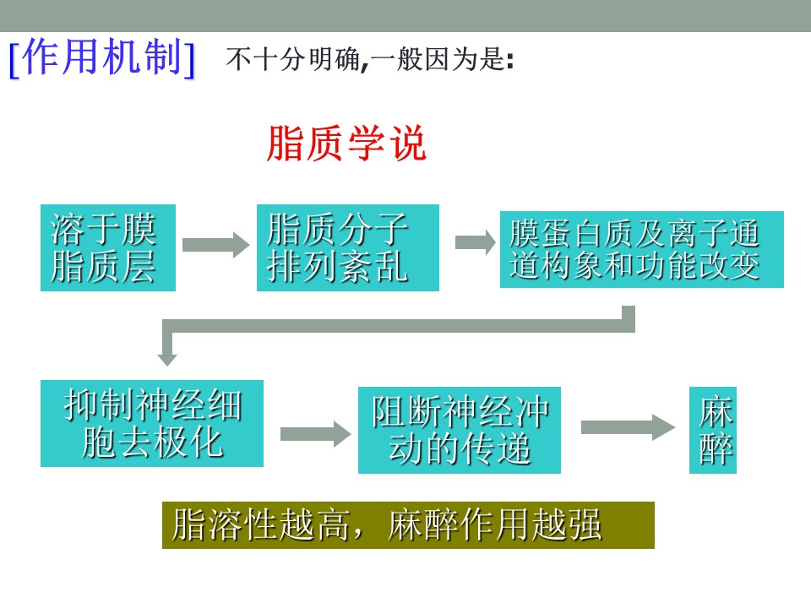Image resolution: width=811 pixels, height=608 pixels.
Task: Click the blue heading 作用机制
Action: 102,57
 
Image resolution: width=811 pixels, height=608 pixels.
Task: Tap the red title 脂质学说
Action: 346,144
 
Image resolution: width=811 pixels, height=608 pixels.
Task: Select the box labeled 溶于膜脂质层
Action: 108,247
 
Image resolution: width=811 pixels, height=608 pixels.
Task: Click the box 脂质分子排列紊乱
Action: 347,247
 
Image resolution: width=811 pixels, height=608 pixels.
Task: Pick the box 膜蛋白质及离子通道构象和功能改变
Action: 642,249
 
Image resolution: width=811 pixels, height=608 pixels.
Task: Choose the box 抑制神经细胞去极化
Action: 151,423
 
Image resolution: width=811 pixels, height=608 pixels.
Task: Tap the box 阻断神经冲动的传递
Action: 460,430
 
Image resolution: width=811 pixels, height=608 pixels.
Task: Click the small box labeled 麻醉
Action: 713,430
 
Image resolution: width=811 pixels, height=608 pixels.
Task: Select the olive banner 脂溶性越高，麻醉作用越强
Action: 408,524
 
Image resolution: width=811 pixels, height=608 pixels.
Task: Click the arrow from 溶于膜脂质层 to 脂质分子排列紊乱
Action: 216,245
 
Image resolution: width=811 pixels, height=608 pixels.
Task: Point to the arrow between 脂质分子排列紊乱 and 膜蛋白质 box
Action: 476,242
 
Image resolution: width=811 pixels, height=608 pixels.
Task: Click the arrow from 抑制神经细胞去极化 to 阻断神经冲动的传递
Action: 315,434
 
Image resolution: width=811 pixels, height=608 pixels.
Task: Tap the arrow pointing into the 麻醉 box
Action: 628,427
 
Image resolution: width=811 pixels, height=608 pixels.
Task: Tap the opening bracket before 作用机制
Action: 14,59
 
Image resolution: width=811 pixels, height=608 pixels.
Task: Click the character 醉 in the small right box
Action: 716,449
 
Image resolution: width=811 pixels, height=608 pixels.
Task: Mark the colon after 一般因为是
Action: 510,61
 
